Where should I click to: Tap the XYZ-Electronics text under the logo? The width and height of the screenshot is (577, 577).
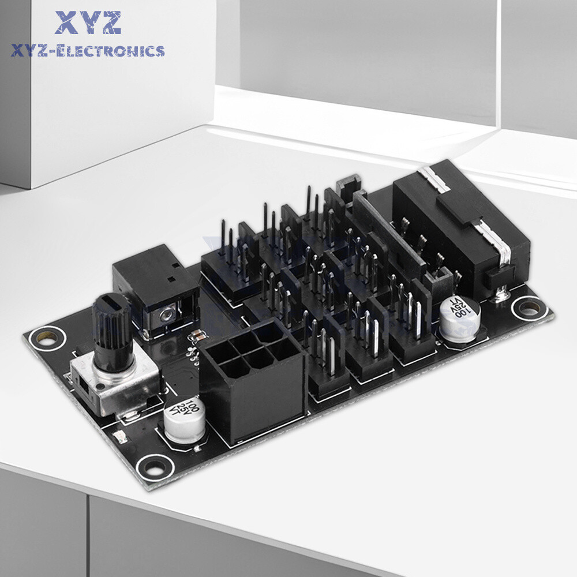[x=88, y=51]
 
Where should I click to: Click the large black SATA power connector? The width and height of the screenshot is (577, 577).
[x=462, y=231]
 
